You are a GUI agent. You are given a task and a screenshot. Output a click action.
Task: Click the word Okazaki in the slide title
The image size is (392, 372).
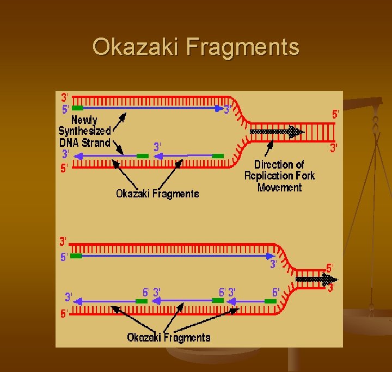click(136, 47)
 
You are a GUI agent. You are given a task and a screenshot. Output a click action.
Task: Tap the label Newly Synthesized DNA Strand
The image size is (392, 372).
click(85, 131)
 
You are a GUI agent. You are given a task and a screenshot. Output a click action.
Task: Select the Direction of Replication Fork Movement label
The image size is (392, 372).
click(279, 176)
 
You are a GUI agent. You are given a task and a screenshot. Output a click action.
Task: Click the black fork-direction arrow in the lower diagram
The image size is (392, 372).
click(316, 280)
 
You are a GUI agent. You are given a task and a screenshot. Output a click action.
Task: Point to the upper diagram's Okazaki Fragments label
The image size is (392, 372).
click(157, 194)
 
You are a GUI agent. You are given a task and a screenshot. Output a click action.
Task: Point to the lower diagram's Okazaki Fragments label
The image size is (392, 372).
click(169, 337)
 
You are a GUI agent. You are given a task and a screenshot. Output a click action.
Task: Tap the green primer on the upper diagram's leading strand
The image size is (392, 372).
click(77, 108)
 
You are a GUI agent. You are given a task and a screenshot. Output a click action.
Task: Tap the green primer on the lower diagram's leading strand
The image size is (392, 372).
click(76, 256)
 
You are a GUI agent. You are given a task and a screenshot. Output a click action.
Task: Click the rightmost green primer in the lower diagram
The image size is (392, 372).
click(271, 301)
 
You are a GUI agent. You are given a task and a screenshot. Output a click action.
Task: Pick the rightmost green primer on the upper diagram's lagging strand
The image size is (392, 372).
click(218, 156)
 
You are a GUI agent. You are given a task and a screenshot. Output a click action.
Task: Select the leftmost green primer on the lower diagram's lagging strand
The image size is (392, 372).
click(142, 301)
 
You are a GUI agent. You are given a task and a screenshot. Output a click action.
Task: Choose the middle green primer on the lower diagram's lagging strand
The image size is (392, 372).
click(218, 300)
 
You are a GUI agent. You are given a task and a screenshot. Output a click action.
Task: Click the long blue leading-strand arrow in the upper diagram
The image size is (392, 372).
click(152, 108)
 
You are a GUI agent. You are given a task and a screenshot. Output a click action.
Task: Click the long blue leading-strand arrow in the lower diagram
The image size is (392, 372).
click(174, 256)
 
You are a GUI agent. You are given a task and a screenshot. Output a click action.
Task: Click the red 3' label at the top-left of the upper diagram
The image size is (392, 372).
click(64, 97)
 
